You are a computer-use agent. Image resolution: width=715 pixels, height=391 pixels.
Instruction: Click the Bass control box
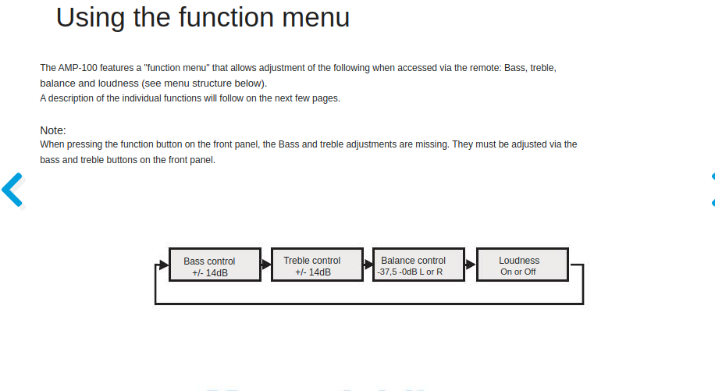click(215, 265)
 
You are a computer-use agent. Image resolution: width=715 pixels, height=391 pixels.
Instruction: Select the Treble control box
click(318, 265)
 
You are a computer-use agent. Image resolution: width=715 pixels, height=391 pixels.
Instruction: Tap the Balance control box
click(419, 265)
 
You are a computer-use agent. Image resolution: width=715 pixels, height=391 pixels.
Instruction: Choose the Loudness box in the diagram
click(522, 265)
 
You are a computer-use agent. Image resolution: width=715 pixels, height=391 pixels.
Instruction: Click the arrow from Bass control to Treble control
click(266, 265)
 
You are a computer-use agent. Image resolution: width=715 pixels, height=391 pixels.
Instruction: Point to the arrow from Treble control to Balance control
click(368, 265)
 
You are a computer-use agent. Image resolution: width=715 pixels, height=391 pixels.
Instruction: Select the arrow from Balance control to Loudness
click(471, 265)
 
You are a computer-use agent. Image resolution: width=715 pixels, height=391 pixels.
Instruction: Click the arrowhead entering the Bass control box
click(164, 265)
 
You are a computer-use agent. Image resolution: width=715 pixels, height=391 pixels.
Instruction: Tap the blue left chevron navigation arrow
click(12, 190)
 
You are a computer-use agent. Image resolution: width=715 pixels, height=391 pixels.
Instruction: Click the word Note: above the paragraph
click(53, 130)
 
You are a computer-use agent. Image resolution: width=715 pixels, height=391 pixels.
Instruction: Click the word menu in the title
click(315, 18)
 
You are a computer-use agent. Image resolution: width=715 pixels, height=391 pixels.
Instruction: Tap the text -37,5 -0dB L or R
click(410, 272)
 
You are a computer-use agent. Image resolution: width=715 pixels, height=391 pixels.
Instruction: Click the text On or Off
click(518, 272)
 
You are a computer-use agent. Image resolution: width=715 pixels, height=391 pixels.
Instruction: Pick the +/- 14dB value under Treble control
click(313, 272)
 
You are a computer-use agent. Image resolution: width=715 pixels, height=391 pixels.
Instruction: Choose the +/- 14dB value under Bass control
click(210, 273)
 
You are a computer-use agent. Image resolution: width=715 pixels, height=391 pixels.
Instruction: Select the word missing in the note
click(432, 144)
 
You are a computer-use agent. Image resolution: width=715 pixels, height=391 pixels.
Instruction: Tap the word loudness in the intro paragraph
click(117, 84)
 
